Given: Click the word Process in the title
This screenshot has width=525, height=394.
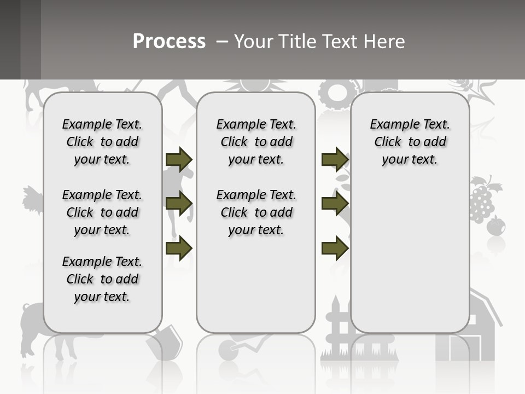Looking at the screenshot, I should pos(169,42).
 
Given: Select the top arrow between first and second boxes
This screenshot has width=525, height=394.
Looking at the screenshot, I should pos(179,160).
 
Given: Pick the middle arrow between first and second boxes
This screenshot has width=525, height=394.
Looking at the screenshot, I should pos(179,204).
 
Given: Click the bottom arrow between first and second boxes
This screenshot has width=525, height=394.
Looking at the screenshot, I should pos(179,248).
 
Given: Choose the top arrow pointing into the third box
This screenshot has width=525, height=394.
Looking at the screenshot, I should pos(335,160).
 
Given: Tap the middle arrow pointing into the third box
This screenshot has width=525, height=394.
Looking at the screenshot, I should pos(335,204).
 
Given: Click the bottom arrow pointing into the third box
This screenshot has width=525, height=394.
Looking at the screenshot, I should pos(335,248).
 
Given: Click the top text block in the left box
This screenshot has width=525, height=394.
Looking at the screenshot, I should pos(102,142).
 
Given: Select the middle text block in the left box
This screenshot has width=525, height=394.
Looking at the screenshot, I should pos(102,212).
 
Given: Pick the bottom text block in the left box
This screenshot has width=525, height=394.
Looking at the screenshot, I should pos(102,279).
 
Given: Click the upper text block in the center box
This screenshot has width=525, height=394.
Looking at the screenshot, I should pos(256,142).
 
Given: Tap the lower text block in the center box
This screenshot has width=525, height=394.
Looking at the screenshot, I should pos(256,212).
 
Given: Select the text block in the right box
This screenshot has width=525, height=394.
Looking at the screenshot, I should pos(410,142).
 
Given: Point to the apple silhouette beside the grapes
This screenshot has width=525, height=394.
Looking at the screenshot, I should pos(496,226).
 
